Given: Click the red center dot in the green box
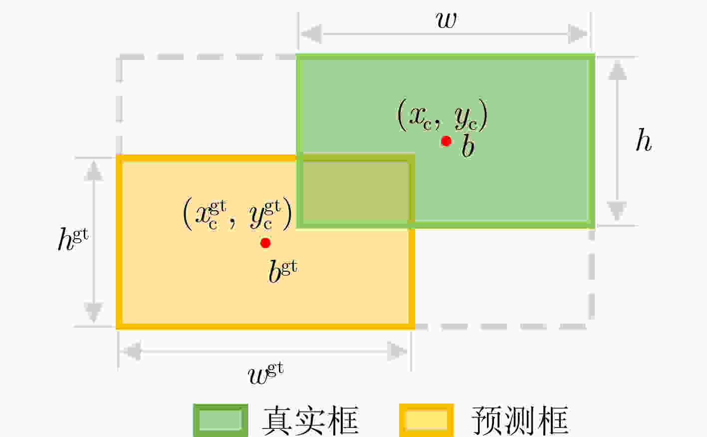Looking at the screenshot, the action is coord(446,141).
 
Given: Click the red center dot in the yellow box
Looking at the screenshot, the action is coord(265,243).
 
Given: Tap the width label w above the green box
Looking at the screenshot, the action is coord(446,20).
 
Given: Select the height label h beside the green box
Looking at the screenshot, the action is coord(644,140).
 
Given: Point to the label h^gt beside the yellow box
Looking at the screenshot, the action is coord(73,239).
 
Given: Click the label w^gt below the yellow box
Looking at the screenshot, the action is coord(266,374).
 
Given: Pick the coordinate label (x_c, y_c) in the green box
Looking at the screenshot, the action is coord(442,115).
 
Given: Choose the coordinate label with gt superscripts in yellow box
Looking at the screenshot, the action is coord(237,214).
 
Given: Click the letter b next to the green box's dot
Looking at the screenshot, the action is coord(468,145).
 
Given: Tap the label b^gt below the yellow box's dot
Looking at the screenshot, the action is coord(283,271).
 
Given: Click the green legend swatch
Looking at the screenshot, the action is coord(221,420).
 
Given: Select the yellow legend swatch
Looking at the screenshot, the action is coord(427,420).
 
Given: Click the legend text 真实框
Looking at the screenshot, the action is coord(310,421).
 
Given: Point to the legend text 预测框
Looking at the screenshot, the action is coord(520,421).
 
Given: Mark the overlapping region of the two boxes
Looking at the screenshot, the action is coord(355,191).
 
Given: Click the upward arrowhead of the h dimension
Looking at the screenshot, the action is coord(617,70).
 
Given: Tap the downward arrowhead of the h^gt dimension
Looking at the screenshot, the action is coord(93,312).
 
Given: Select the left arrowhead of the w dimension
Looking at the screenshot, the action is coord(311,33).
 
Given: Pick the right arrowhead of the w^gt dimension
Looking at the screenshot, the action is coord(397,351).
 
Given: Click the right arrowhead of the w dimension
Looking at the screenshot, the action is coord(578,33).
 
